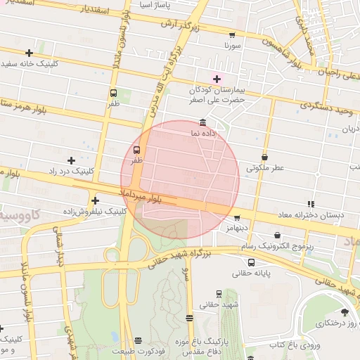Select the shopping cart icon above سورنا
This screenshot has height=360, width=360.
point(232,34)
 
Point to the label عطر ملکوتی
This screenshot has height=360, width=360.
point(264,168)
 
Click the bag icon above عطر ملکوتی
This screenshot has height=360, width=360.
point(264,157)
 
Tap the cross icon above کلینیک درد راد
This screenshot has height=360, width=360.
point(71,160)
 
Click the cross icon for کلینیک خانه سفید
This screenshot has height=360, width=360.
point(29,53)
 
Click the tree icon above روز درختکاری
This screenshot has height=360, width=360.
point(345,312)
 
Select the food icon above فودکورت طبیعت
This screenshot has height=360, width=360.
point(138,341)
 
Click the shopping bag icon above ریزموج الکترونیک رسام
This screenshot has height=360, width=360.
point(277,236)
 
